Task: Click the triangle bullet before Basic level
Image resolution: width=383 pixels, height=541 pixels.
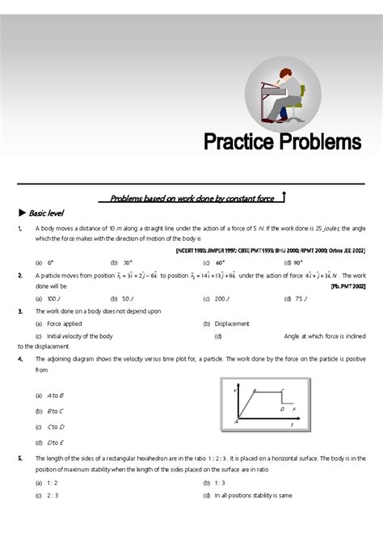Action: pos(22,213)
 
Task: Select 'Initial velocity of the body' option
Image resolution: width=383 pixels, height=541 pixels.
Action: pos(79,335)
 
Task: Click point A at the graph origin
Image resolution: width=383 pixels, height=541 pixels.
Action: pos(237,421)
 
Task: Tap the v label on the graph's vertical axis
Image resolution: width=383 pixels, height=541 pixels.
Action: pos(234,391)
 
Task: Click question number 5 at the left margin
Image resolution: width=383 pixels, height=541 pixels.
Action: pos(19,458)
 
